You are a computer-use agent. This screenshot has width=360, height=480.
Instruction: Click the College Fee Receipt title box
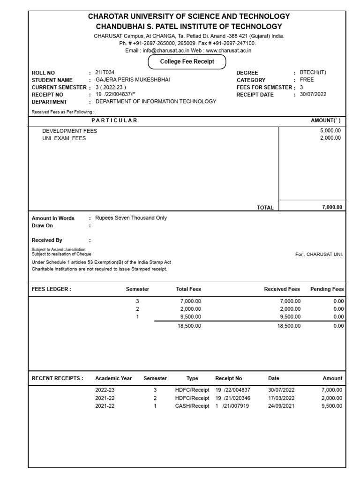187,62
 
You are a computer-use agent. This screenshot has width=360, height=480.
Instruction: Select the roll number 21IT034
105,73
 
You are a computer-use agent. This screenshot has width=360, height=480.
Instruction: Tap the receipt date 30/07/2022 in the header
313,94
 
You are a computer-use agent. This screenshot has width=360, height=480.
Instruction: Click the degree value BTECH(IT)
314,73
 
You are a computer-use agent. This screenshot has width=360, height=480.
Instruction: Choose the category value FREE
307,80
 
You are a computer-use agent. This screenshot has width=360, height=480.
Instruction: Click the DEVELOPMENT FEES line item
69,131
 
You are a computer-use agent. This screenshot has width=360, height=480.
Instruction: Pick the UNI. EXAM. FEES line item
64,138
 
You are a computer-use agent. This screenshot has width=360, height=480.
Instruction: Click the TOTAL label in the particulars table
265,207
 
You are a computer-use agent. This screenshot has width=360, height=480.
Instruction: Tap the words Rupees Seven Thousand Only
131,218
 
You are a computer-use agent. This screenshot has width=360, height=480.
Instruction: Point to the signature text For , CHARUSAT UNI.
319,254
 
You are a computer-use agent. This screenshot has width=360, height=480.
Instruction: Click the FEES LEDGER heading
51,289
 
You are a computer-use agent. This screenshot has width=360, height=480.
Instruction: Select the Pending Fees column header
327,289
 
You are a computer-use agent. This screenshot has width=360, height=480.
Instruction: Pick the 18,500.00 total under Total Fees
189,326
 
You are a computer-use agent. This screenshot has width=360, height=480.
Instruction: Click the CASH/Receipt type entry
192,406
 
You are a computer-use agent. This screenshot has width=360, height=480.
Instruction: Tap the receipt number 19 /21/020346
232,398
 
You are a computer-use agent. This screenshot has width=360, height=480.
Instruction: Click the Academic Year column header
113,378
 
